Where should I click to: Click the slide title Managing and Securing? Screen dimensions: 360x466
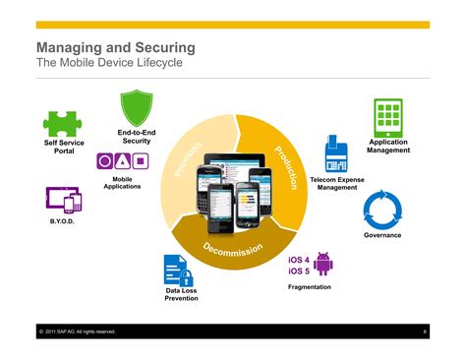click(x=115, y=47)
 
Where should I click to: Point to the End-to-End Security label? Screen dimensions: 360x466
click(x=136, y=137)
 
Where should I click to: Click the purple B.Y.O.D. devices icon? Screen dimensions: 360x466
click(x=63, y=201)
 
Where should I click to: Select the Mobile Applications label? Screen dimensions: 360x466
click(x=122, y=183)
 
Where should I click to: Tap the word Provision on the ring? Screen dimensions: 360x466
click(x=189, y=160)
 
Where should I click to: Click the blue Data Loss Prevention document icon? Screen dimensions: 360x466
click(x=178, y=270)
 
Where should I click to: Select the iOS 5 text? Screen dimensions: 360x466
click(x=299, y=270)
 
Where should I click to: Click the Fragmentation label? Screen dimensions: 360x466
click(x=309, y=287)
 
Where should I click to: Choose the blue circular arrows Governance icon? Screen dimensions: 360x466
click(x=382, y=210)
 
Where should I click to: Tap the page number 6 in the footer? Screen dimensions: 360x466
click(x=424, y=331)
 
